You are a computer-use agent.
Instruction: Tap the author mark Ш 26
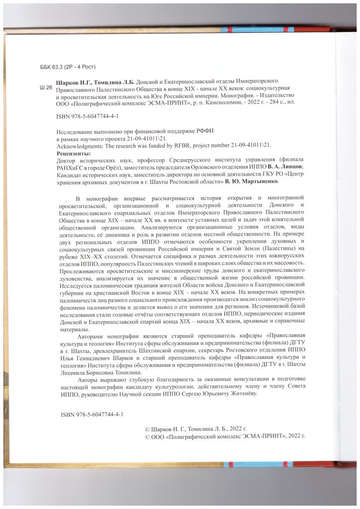point(45,87)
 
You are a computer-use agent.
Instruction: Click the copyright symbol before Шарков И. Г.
point(147,427)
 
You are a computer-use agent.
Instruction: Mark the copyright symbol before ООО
point(147,435)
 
